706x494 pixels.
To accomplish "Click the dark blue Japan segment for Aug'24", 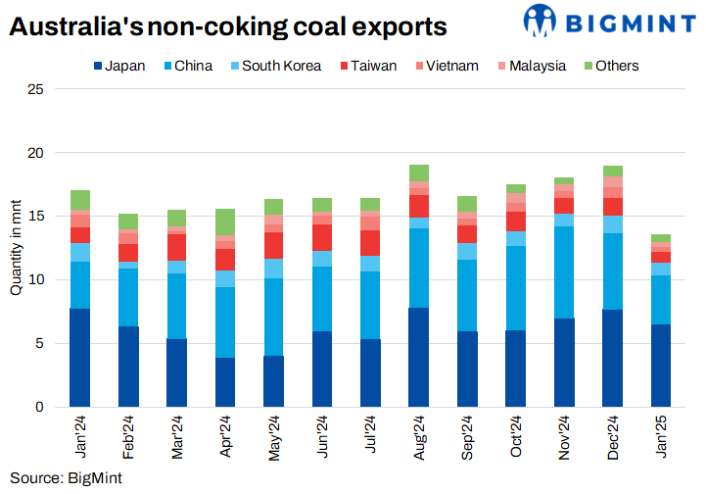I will (x=419, y=357).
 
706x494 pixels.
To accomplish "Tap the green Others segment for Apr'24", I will (x=225, y=222).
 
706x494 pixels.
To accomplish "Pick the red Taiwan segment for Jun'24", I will (x=322, y=237).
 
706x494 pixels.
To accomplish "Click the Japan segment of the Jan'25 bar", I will (x=661, y=365).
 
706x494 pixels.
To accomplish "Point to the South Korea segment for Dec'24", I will (x=613, y=224).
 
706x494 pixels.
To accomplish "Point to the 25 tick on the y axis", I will (x=36, y=89).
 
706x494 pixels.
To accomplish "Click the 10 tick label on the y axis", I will (x=36, y=279).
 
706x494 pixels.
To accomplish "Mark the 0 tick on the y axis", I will (x=40, y=407).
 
